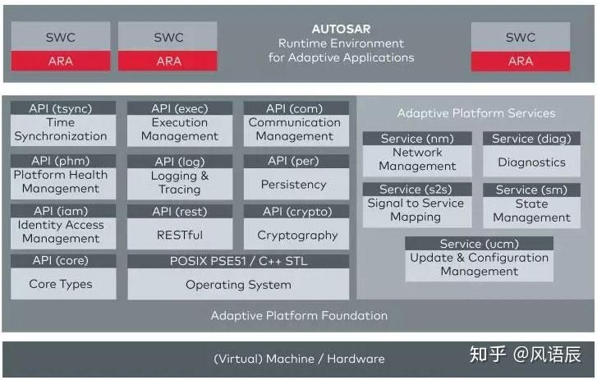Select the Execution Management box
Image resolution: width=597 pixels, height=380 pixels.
pos(180,130)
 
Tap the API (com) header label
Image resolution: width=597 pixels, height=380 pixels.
pos(296,108)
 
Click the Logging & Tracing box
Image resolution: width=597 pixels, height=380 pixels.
pos(180,183)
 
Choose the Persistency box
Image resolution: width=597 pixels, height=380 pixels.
pos(296,184)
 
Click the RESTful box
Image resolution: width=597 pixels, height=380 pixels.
pos(180,234)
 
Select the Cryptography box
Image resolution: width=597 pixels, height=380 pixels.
pos(296,234)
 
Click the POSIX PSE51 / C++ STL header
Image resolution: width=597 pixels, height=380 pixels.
pos(238,261)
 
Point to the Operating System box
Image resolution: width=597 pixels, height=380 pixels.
pos(238,284)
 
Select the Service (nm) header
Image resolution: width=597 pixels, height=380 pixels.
pos(417,138)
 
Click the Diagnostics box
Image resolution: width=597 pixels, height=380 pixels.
pos(531,161)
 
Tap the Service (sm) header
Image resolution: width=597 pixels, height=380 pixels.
pos(531,190)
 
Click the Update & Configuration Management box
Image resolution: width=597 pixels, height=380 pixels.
pos(480,265)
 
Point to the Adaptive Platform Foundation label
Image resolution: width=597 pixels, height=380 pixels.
pos(299,316)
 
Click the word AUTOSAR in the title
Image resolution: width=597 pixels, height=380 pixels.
pos(341,29)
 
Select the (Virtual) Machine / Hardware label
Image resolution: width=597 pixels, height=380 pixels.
pos(299,359)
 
